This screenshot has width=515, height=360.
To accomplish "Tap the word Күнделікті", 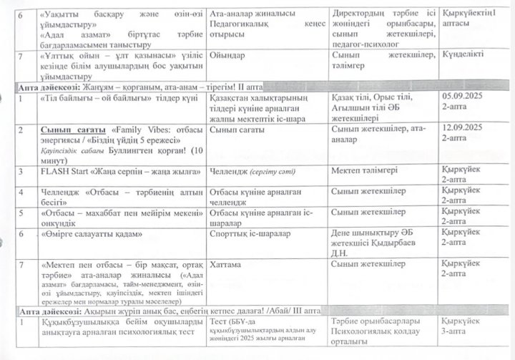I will click(465, 55).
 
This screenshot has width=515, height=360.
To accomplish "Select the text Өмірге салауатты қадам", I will click(89, 233).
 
